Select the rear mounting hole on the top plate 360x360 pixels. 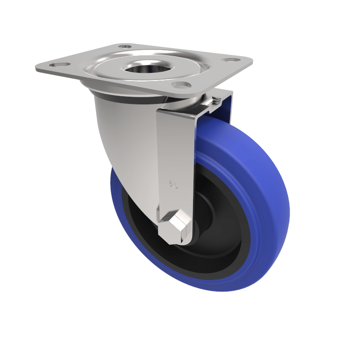coord(125,46)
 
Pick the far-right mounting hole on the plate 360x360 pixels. coord(231,59)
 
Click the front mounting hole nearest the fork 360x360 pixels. coord(180,85)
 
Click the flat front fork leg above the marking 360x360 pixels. coord(175,144)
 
